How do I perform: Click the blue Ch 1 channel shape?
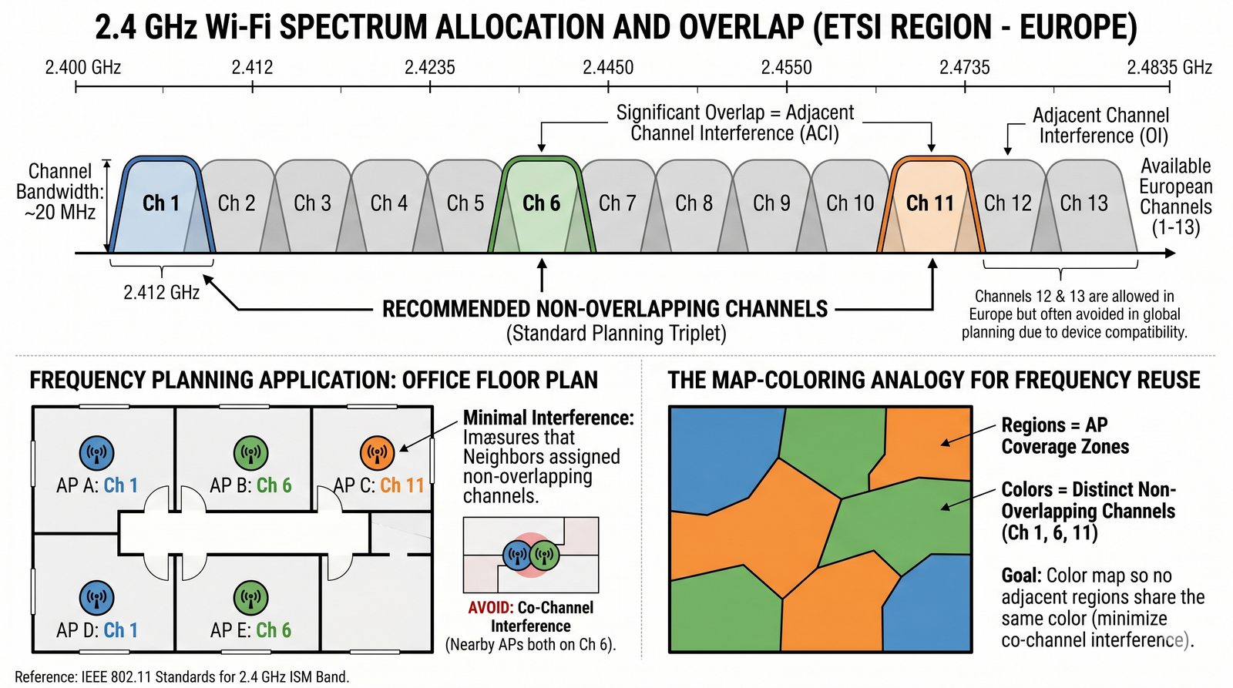[x=162, y=204]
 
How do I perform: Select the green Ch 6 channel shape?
[x=542, y=204]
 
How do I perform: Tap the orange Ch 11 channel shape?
[x=931, y=204]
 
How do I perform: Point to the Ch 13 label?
[x=1083, y=203]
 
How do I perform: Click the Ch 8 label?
[x=694, y=203]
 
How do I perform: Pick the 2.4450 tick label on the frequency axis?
[x=608, y=68]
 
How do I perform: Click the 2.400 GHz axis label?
[x=83, y=68]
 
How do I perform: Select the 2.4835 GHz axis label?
[x=1169, y=68]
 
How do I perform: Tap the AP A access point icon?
[x=97, y=453]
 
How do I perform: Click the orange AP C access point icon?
[x=378, y=453]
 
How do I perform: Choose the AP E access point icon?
[x=251, y=598]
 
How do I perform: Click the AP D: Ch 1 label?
[x=97, y=630]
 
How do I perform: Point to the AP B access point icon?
[x=251, y=453]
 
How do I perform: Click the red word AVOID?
[x=491, y=608]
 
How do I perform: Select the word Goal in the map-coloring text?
[x=1021, y=576]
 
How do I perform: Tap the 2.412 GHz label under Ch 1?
[x=161, y=292]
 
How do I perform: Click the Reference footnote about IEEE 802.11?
[x=182, y=676]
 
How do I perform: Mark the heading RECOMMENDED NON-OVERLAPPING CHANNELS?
[x=605, y=309]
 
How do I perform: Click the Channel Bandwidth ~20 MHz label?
[x=60, y=192]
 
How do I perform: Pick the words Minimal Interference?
[x=548, y=418]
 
